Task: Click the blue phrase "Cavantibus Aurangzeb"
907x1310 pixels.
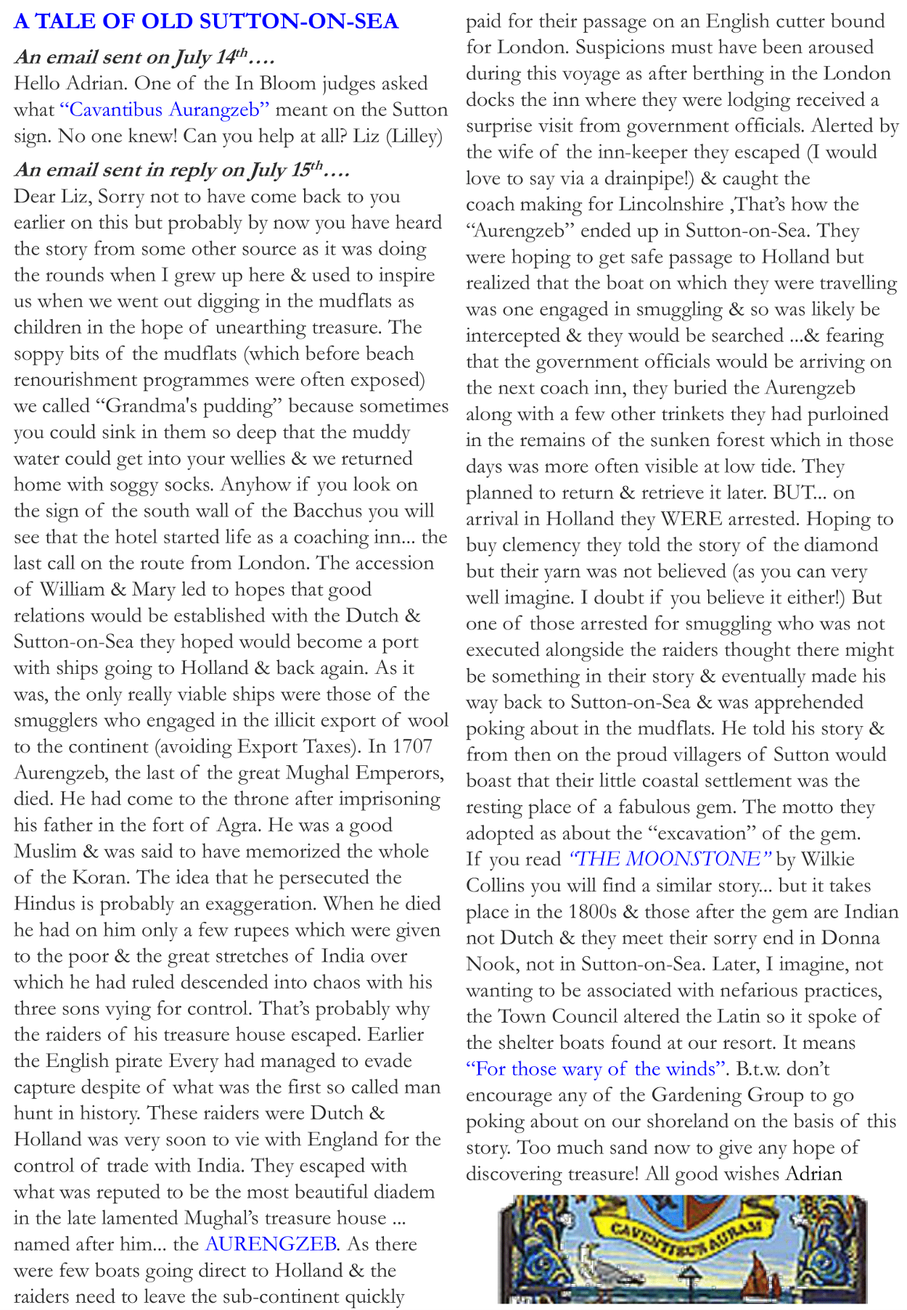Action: [x=165, y=110]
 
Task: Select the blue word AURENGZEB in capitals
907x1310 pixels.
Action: [x=271, y=1244]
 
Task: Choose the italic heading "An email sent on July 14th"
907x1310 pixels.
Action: [x=144, y=57]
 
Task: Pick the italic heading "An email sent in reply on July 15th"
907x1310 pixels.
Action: [x=181, y=170]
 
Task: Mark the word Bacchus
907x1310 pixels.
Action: [x=327, y=511]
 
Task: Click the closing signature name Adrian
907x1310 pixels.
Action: [x=814, y=1174]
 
